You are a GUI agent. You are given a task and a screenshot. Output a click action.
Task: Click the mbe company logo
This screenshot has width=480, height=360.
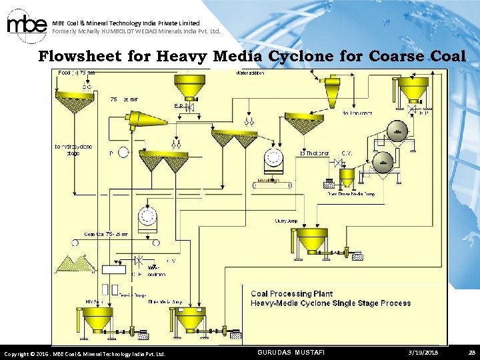pyautogui.click(x=27, y=25)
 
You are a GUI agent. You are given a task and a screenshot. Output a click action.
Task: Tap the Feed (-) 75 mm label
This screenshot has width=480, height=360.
pyautogui.click(x=77, y=73)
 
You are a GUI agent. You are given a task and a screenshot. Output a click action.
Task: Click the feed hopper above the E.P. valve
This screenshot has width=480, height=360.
pyautogui.click(x=189, y=87)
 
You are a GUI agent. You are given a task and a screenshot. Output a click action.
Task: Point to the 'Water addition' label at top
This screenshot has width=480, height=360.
pyautogui.click(x=250, y=73)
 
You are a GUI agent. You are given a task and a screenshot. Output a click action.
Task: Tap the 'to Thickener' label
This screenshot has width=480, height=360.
pyautogui.click(x=315, y=153)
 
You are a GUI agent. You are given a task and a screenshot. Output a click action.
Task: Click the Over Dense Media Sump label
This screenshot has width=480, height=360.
pyautogui.click(x=350, y=194)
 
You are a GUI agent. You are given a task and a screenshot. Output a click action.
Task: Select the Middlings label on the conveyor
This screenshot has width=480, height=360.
pyautogui.click(x=268, y=181)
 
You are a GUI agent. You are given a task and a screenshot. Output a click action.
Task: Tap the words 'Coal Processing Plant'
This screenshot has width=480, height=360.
pyautogui.click(x=291, y=293)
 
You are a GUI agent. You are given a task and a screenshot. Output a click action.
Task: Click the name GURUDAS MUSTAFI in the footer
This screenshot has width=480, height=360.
pyautogui.click(x=291, y=352)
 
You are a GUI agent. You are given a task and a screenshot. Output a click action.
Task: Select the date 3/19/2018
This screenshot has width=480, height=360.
pyautogui.click(x=423, y=352)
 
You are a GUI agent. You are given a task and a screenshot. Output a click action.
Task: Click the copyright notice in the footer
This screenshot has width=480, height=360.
pyautogui.click(x=85, y=353)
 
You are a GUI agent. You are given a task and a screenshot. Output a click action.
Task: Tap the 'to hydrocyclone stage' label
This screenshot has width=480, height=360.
pyautogui.click(x=73, y=149)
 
